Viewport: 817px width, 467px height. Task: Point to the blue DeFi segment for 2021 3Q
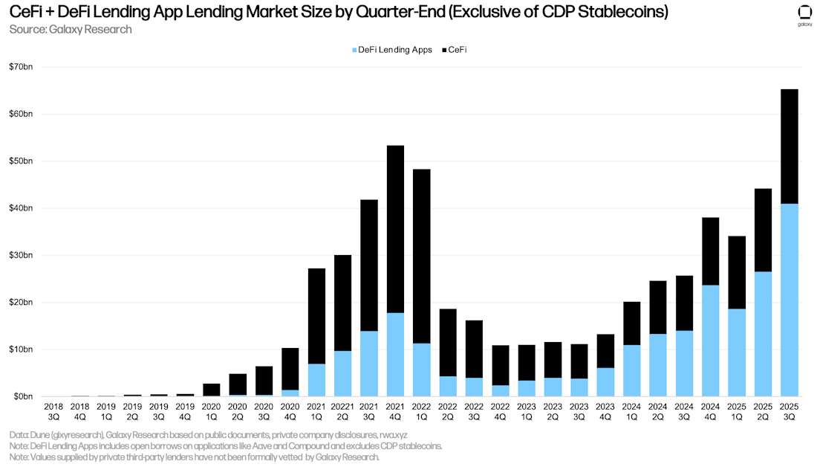[369, 364]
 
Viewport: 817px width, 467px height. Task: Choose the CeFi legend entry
[456, 50]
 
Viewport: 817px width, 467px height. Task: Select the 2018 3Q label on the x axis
[53, 412]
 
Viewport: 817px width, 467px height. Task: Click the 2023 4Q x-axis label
[605, 412]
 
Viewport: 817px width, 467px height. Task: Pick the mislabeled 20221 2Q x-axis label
[342, 412]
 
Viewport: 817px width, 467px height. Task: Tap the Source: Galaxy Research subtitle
[71, 29]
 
